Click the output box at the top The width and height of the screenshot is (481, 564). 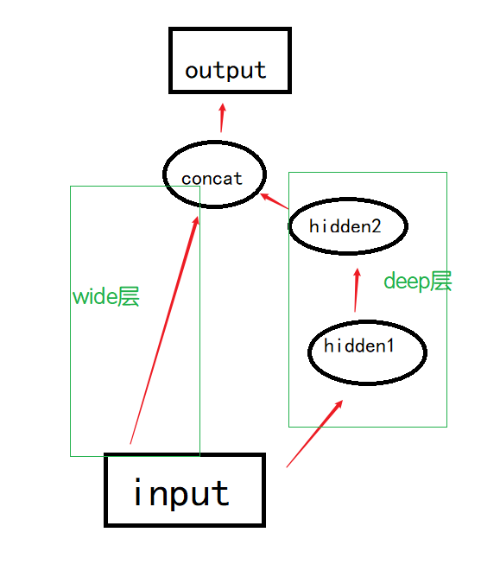[229, 60]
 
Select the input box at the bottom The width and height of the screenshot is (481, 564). [184, 491]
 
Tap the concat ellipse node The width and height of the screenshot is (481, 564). [212, 177]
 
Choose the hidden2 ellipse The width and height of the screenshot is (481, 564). [347, 226]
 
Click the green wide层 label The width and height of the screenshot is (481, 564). [105, 297]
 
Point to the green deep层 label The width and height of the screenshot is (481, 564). [417, 282]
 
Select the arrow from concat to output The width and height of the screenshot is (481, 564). [222, 118]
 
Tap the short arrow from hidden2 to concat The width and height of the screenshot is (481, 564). [275, 200]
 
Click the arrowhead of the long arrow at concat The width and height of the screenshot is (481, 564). [196, 223]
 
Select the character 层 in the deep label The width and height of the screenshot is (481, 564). [440, 282]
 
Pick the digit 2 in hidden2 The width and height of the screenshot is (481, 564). [375, 226]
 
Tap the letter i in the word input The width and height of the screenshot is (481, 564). [138, 492]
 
